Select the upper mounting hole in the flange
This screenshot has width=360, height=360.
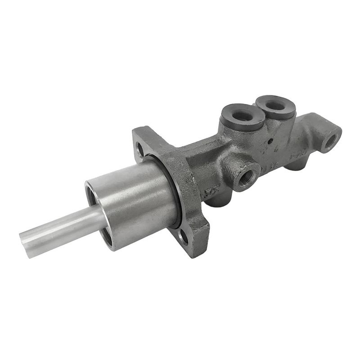point(139,148)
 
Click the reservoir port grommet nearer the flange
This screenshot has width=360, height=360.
point(243,116)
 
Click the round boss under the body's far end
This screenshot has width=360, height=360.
point(295,165)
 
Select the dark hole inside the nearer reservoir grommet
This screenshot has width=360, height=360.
point(243,115)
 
